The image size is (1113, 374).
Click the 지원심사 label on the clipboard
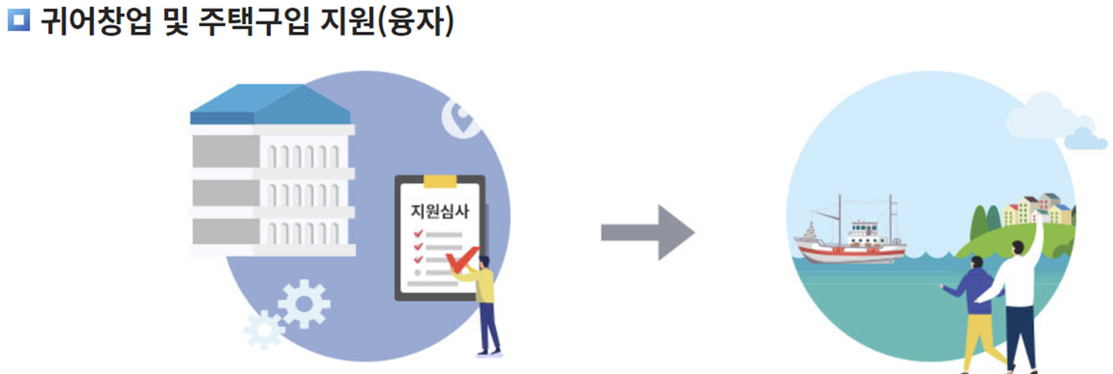(x=440, y=211)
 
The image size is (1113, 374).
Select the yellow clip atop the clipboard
(x=440, y=181)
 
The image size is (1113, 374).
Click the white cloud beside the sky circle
(x=1053, y=120)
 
